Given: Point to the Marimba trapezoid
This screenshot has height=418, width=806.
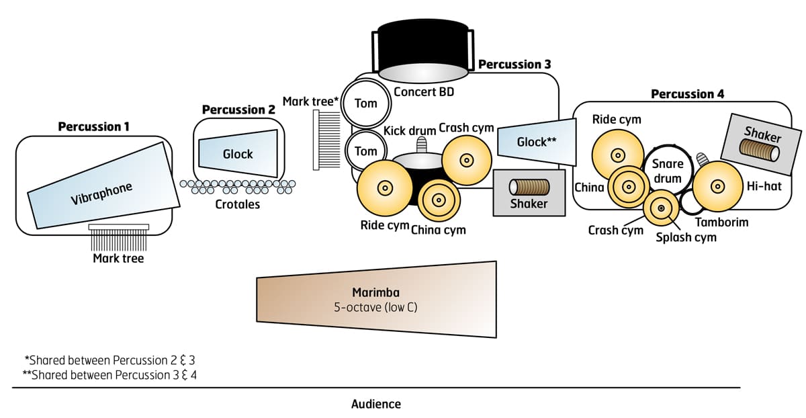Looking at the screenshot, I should (376, 299).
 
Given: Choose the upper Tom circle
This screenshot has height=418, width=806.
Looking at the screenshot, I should (365, 103).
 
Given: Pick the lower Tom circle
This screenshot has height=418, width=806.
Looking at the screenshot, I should (365, 151).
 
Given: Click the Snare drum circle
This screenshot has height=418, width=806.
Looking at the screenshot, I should (668, 171).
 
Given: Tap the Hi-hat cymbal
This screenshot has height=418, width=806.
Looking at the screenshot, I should (718, 185).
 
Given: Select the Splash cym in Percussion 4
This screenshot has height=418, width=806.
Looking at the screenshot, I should (662, 208).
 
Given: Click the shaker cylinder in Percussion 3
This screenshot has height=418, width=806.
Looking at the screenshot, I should (529, 186).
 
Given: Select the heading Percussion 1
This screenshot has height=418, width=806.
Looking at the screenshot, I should (93, 126).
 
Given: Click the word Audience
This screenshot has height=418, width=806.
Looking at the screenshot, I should (375, 404).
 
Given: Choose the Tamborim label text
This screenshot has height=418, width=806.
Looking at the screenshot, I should (721, 222).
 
